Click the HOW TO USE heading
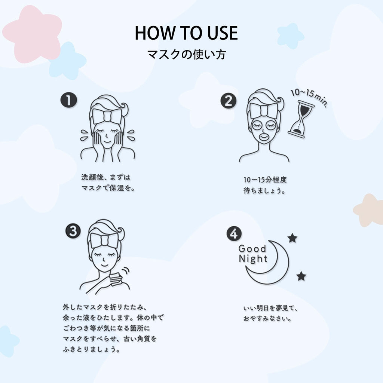point(186,33)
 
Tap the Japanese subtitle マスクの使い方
point(187,54)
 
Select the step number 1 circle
point(69,100)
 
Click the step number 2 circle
point(229,101)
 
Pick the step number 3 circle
point(73,231)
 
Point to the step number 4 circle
point(234,233)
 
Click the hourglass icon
point(301,120)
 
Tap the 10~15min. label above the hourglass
point(309,97)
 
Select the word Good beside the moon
point(252,249)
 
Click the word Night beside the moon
point(253,259)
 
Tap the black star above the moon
point(292,238)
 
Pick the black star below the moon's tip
point(301,276)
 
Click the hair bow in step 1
point(107,116)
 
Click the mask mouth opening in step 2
point(264,136)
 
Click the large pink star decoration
point(33,34)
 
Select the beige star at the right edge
point(369,210)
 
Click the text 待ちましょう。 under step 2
point(264,190)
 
